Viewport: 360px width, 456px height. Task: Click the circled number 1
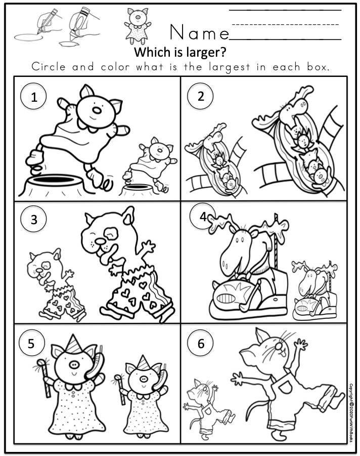[x=34, y=98]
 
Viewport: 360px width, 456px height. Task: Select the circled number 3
[x=34, y=219]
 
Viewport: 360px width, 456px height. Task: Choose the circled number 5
[x=31, y=344]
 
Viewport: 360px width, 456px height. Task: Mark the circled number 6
[x=201, y=344]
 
